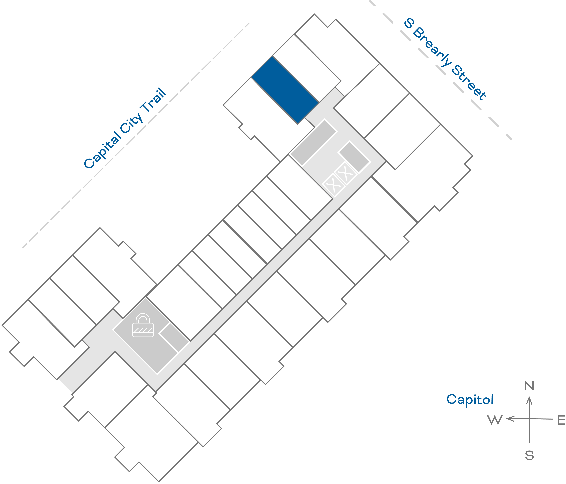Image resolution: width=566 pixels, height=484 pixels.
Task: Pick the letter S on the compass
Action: click(529, 456)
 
